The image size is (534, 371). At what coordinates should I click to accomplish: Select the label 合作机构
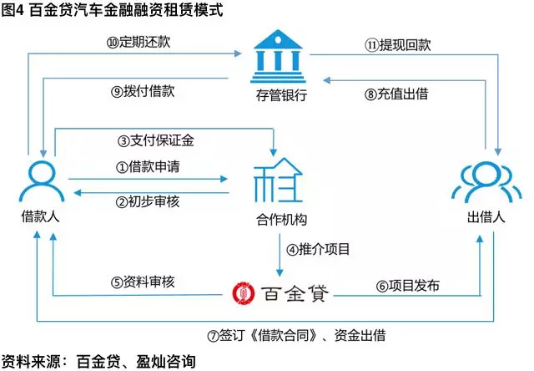click(x=278, y=221)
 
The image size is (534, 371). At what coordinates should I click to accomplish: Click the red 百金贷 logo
click(x=281, y=293)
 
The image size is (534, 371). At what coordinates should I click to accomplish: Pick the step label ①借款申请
click(x=148, y=166)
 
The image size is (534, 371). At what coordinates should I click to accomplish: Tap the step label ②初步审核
click(x=148, y=201)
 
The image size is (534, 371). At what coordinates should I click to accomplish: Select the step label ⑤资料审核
click(x=142, y=282)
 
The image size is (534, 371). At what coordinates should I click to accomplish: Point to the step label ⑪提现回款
click(x=395, y=43)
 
